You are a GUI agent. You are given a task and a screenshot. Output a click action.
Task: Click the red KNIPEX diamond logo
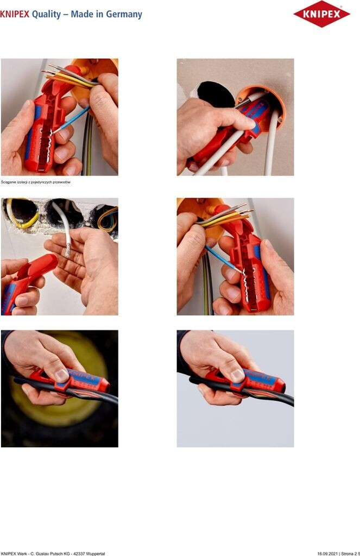click(x=321, y=14)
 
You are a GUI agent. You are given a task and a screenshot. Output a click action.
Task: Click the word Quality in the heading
click(x=47, y=14)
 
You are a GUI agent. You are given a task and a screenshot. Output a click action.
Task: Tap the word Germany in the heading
click(x=124, y=14)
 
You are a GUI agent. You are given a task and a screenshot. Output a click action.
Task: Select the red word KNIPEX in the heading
click(x=15, y=14)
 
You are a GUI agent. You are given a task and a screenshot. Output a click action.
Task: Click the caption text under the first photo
click(x=36, y=182)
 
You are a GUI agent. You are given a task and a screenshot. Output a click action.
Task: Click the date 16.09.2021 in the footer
click(x=327, y=553)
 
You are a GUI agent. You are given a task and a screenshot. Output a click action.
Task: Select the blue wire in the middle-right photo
click(x=223, y=259)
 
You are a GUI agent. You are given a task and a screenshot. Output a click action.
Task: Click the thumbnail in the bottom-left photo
click(x=61, y=375)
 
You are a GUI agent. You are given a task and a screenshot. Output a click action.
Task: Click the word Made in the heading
click(x=81, y=14)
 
